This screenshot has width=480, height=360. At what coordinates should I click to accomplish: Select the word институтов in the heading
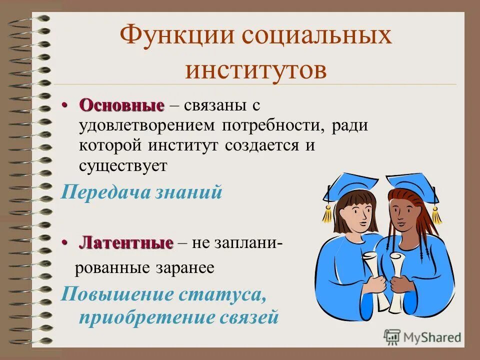point(255,69)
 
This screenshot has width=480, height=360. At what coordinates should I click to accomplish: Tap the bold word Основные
point(121,105)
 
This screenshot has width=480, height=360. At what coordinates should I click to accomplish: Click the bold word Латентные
point(126,243)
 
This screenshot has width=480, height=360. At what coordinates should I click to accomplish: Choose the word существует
point(122,165)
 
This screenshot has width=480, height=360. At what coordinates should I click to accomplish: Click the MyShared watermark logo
point(422,337)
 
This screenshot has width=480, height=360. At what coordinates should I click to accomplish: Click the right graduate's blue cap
point(411,184)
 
